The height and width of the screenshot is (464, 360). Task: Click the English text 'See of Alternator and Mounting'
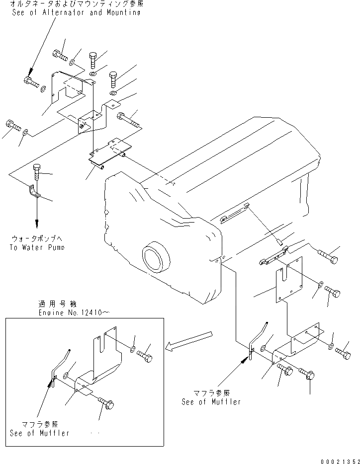[x=76, y=12]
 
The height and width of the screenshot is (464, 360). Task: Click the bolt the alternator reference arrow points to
[x=31, y=82]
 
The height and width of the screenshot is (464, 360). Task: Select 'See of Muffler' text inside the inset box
[x=39, y=433]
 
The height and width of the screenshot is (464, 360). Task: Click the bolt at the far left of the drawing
[x=12, y=125]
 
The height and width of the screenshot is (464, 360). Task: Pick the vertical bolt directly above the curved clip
[x=37, y=173]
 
